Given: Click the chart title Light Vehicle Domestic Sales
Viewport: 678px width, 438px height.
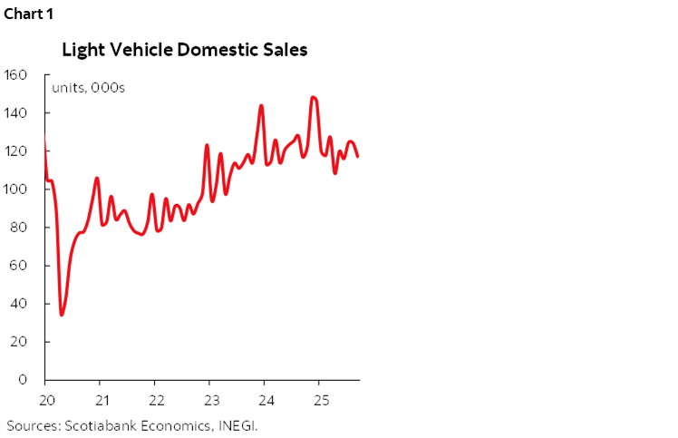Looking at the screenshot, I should pyautogui.click(x=185, y=50).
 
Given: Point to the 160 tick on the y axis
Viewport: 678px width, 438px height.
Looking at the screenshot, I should pyautogui.click(x=16, y=74).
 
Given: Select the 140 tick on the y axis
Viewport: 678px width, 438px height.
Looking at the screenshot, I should pyautogui.click(x=16, y=112).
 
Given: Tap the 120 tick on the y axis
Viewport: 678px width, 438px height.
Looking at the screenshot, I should pyautogui.click(x=16, y=151).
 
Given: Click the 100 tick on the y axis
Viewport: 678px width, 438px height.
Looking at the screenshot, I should pyautogui.click(x=16, y=189).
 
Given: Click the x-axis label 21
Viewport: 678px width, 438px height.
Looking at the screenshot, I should pyautogui.click(x=102, y=400).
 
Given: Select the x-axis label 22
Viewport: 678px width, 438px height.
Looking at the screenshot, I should pyautogui.click(x=156, y=400).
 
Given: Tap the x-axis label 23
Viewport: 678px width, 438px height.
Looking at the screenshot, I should pyautogui.click(x=210, y=400).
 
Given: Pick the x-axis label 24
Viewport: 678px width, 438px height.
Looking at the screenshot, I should pyautogui.click(x=265, y=400).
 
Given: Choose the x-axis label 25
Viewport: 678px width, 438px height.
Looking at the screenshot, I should pyautogui.click(x=319, y=400).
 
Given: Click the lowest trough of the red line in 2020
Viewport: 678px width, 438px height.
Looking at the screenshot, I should pyautogui.click(x=62, y=315).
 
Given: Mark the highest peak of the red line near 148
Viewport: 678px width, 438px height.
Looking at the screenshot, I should pyautogui.click(x=313, y=97).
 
